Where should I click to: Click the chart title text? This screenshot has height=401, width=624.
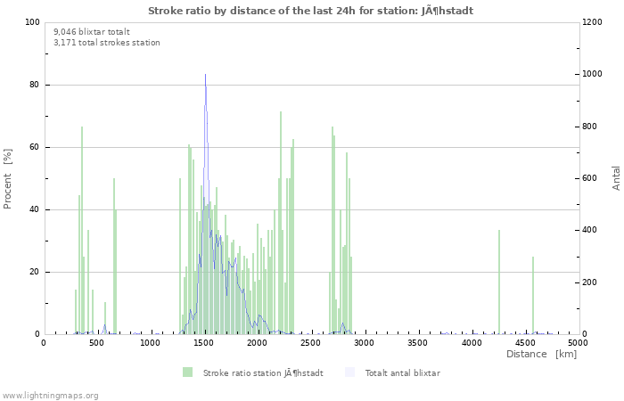310,11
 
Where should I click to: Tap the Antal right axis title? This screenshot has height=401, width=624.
616,177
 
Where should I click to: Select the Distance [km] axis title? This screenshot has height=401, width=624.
541,355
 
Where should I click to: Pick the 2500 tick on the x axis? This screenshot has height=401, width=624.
311,342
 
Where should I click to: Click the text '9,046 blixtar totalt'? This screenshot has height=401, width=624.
91,31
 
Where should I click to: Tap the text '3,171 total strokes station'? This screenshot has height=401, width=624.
107,42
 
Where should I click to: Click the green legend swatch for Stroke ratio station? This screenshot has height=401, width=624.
187,372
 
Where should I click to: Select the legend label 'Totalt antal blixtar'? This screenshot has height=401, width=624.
402,372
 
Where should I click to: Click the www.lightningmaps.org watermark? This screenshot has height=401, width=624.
50,395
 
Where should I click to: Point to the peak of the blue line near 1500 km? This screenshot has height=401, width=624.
205,75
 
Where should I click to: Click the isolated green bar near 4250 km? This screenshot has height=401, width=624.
499,282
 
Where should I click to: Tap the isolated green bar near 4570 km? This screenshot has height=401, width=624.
533,295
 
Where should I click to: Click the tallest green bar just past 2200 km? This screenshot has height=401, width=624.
281,223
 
